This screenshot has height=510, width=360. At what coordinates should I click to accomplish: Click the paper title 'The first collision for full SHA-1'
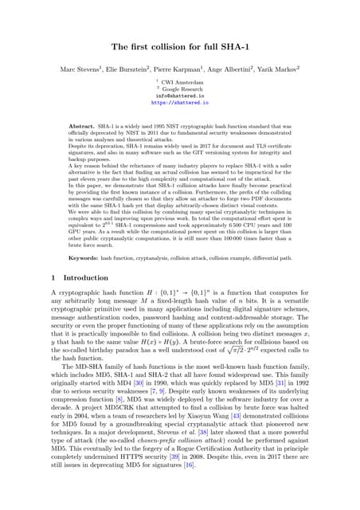(x=180, y=48)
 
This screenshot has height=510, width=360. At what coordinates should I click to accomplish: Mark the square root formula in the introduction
(x=270, y=347)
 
